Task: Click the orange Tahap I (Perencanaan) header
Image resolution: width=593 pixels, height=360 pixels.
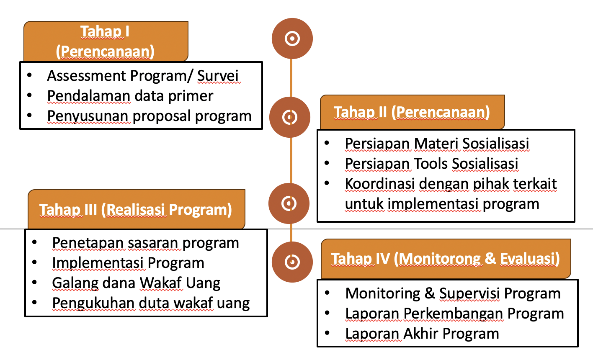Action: tap(106, 41)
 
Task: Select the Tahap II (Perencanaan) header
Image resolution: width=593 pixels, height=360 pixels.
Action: tap(412, 112)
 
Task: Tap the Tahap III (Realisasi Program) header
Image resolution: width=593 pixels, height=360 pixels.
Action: tap(136, 209)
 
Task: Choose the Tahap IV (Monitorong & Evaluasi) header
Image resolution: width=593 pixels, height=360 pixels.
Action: tap(446, 259)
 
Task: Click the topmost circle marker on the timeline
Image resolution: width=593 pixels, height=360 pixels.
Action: tap(292, 39)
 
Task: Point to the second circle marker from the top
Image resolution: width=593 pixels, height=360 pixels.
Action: tap(290, 117)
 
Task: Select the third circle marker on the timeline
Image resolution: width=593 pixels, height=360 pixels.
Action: tap(289, 203)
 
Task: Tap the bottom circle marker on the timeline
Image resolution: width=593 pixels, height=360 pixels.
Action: tap(292, 262)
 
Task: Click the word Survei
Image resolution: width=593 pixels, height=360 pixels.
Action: tap(218, 76)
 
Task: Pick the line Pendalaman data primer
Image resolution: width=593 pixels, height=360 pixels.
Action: tap(130, 96)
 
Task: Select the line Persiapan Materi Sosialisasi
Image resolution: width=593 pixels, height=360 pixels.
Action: tap(437, 144)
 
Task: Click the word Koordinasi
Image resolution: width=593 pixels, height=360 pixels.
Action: tap(380, 184)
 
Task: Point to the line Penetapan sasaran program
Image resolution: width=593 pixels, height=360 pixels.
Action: tap(145, 243)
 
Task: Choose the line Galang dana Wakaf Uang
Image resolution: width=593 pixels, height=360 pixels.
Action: tap(136, 283)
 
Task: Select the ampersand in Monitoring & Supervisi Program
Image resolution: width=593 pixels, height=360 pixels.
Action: tap(430, 293)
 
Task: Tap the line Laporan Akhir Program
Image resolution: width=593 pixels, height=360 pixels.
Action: tap(422, 334)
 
